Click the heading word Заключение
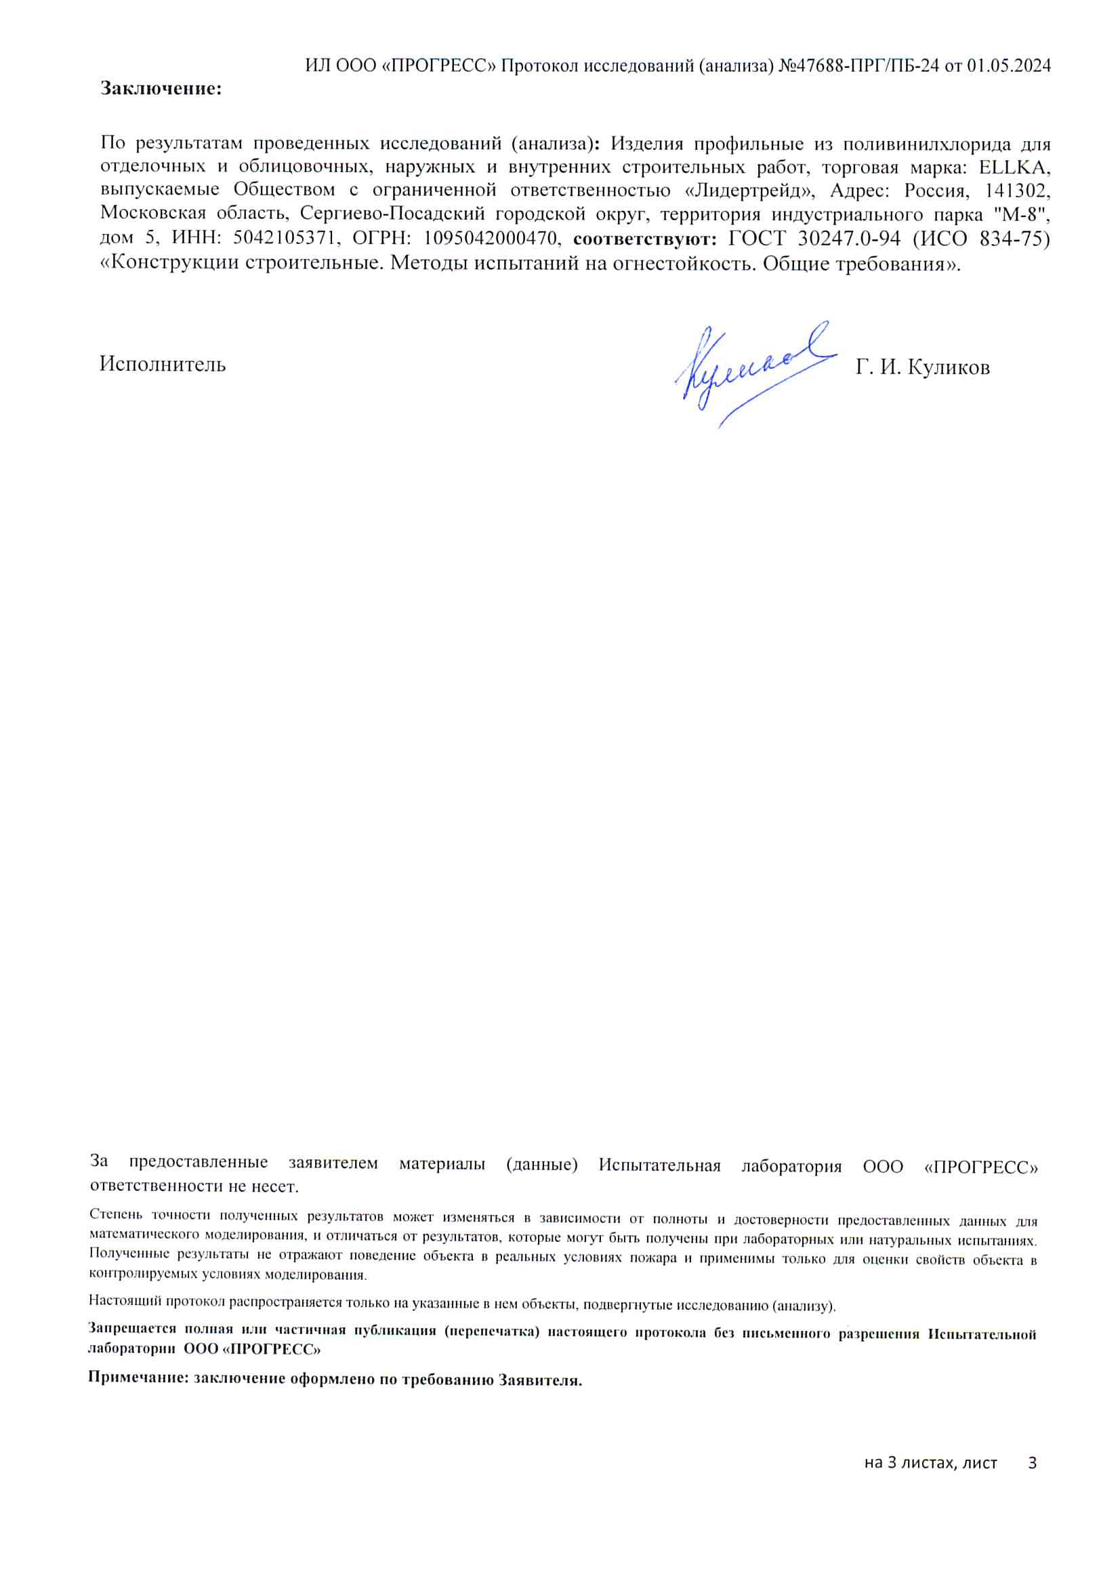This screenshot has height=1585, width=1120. coord(161,89)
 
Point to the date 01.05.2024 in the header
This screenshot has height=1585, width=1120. coord(1008,66)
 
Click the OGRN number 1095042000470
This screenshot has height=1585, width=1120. coord(490,238)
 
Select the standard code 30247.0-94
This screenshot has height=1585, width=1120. coord(848,238)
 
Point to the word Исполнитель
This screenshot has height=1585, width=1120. coord(162,365)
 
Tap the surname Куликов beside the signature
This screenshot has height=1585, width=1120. coord(948,367)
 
